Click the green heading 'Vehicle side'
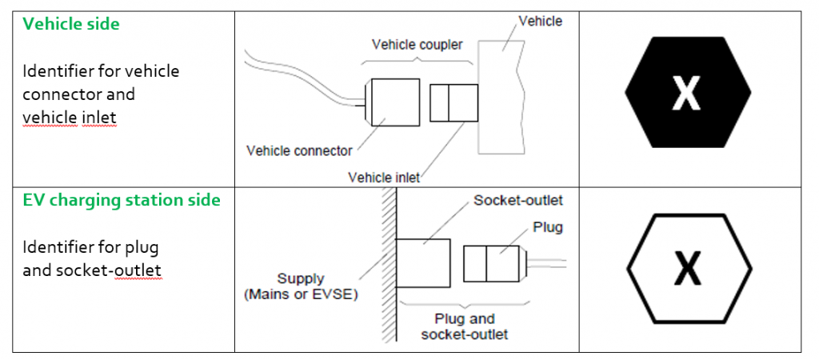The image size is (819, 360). tap(71, 24)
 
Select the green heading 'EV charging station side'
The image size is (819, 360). tap(122, 200)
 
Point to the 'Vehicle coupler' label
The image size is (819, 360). tap(417, 45)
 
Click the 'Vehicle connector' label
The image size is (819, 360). tap(299, 150)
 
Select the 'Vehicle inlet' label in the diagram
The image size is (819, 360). tap(384, 177)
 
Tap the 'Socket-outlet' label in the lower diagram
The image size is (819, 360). tap(517, 199)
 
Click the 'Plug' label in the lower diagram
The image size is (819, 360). tap(548, 227)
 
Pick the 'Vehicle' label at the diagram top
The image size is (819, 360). tap(540, 22)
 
